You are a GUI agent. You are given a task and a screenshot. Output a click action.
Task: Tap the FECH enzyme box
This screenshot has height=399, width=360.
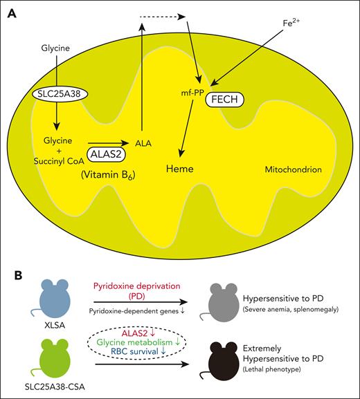pos(224,99)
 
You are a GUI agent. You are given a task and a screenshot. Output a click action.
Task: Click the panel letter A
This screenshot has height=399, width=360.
pos(12,13)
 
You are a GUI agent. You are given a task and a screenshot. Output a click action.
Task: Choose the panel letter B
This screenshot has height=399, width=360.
pos(12,275)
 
